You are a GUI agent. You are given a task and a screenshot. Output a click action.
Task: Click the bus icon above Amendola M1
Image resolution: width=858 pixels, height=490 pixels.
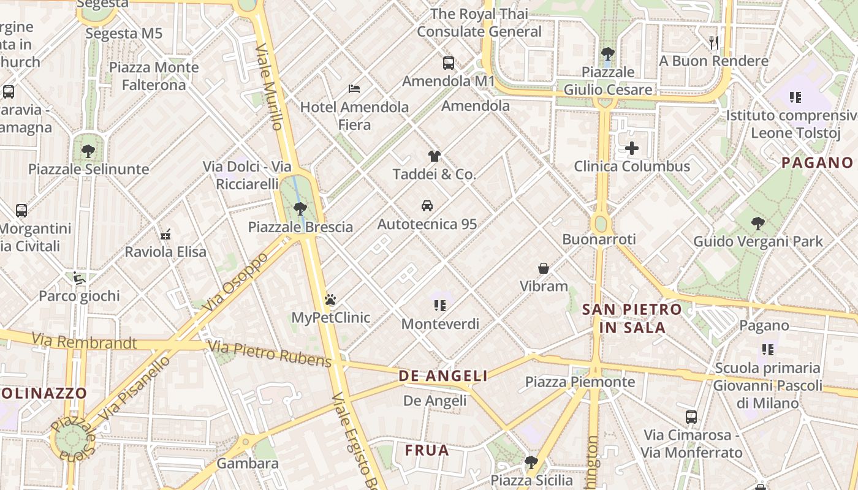click(449, 62)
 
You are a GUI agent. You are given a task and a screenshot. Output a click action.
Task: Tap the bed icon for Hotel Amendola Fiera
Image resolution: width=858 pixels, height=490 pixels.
click(354, 89)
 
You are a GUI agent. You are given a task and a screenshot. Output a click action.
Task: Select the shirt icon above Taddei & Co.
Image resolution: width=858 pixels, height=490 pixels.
click(434, 156)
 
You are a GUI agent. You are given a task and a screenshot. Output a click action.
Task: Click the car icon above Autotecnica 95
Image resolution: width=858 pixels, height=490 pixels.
click(427, 206)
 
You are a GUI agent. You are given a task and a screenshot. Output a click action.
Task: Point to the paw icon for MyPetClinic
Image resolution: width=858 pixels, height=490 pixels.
click(330, 300)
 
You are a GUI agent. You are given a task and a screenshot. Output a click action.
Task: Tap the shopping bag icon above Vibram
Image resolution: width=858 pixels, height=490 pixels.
click(544, 268)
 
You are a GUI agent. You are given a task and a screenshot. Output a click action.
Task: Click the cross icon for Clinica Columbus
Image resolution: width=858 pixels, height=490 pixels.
click(632, 148)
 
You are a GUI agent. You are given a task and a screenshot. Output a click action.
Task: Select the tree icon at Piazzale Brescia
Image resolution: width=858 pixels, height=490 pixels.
click(300, 209)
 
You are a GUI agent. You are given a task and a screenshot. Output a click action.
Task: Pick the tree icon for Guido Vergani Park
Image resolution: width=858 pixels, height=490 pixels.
click(758, 224)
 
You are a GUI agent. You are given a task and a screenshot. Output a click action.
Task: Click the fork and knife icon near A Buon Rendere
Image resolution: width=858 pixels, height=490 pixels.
click(713, 42)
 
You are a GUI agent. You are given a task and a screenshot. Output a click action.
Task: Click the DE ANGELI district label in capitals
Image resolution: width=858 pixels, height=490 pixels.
click(443, 376)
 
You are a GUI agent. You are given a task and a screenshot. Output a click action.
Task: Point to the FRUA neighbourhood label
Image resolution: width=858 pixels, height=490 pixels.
click(427, 451)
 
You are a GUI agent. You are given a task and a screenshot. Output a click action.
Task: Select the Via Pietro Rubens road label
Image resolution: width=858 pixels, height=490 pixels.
click(270, 353)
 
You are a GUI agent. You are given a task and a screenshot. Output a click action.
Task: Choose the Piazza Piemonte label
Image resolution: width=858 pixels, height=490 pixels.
click(580, 382)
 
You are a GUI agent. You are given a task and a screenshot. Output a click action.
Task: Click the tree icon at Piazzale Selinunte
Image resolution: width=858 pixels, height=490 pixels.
click(88, 151)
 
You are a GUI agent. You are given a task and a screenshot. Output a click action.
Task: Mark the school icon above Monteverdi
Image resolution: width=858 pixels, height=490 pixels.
click(439, 305)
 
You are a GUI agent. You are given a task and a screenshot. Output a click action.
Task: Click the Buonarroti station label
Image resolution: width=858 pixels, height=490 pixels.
click(599, 239)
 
